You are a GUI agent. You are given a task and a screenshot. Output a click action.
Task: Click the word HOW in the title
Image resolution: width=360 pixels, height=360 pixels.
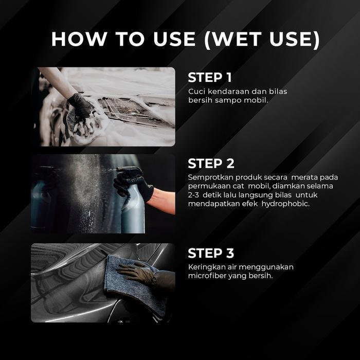[x=79, y=39]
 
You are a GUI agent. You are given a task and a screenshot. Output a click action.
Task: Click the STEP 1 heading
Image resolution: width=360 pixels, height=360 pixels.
[x=210, y=77]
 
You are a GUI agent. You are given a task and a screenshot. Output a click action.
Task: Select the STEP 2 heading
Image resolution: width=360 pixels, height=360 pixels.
[x=211, y=164]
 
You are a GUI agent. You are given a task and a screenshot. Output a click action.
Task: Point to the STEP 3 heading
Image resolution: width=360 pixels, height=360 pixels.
[x=211, y=253]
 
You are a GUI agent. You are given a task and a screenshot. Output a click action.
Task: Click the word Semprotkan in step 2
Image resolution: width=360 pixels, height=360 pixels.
[x=210, y=177]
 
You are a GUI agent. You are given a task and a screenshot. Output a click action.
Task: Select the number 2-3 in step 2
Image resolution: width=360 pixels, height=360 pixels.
[x=193, y=195]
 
